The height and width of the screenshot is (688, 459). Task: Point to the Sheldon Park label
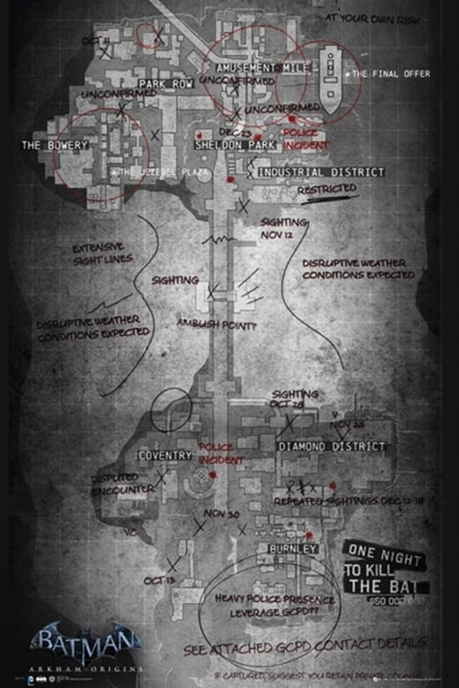pyautogui.click(x=229, y=144)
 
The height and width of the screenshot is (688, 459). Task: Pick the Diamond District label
pyautogui.click(x=332, y=447)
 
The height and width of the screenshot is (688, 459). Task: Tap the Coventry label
pyautogui.click(x=166, y=456)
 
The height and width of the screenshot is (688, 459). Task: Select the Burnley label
pyautogui.click(x=292, y=549)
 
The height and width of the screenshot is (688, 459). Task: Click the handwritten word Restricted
pyautogui.click(x=327, y=190)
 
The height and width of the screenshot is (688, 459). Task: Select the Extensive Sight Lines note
pyautogui.click(x=98, y=254)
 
